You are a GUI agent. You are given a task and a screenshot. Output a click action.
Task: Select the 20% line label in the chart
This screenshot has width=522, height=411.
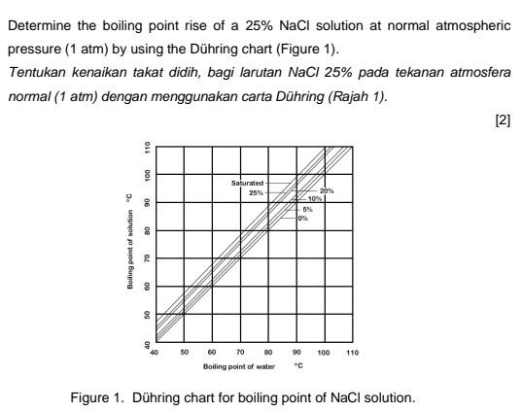[x=327, y=190]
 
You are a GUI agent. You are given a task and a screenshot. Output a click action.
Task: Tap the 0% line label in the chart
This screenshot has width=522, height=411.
[x=304, y=218]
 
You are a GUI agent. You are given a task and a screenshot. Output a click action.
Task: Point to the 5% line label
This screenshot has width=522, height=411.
[x=308, y=208]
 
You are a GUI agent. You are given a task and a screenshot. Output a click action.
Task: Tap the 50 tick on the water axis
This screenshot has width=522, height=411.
[x=183, y=353]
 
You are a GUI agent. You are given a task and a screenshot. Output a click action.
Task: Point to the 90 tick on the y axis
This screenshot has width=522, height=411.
[x=147, y=202]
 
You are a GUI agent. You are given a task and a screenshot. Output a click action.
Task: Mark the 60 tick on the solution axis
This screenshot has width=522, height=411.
[x=147, y=287]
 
